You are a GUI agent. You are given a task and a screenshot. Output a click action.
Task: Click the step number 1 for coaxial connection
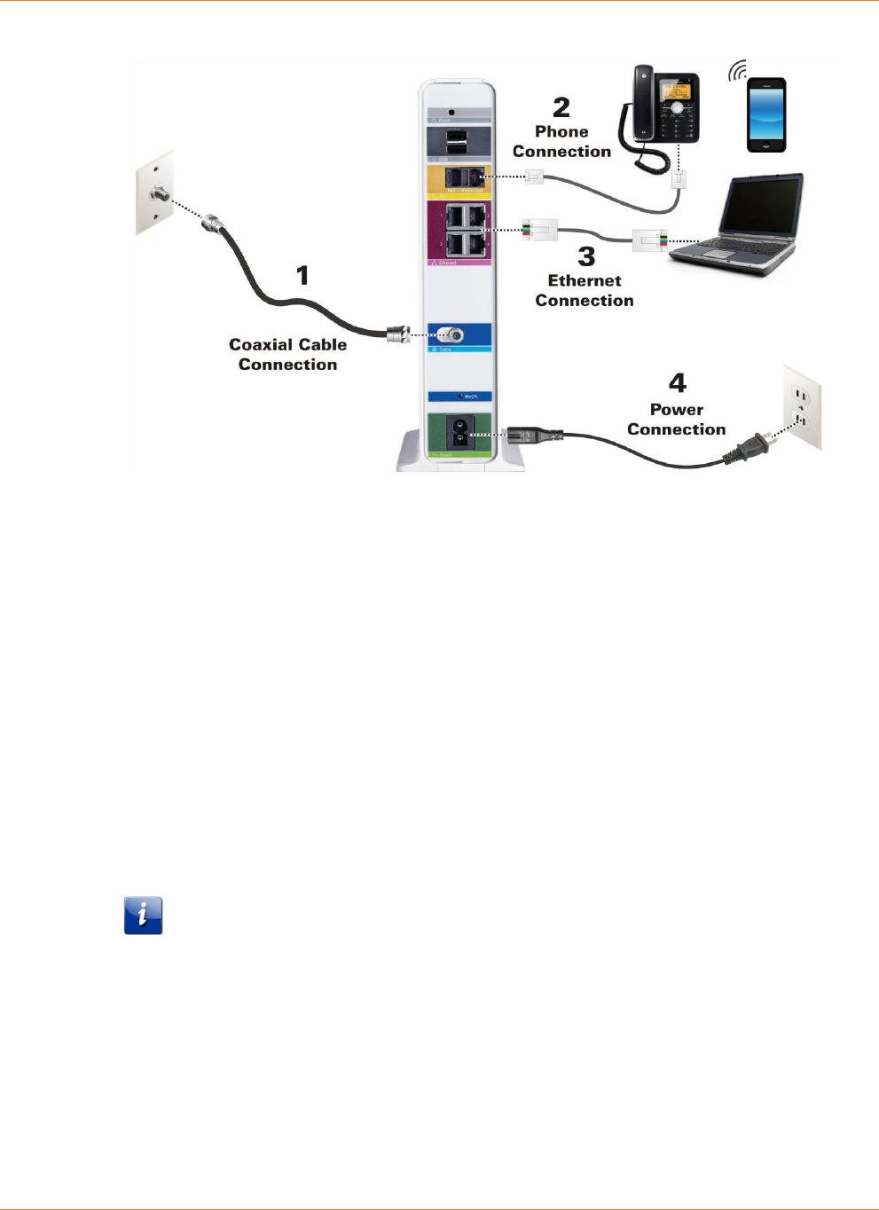point(302,275)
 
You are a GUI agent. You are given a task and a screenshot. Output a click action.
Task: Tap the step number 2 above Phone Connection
point(561,107)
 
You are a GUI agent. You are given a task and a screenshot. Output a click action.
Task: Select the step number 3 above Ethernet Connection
point(586,256)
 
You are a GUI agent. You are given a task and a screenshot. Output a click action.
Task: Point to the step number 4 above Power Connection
point(678,383)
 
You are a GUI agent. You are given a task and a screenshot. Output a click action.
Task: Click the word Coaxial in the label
point(261,345)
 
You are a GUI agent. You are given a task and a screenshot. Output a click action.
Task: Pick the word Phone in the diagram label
point(561,131)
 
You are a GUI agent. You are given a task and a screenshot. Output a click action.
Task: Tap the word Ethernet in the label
point(585,280)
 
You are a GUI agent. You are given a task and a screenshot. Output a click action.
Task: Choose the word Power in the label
point(676,410)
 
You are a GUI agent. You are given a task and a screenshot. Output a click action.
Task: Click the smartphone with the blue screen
point(766,115)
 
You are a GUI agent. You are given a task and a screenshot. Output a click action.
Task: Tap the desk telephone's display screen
point(675,90)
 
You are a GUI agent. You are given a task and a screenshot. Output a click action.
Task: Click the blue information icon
point(143,915)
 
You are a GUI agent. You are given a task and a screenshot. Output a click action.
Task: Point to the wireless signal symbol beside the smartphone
point(737,71)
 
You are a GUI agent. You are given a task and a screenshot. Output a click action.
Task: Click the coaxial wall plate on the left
point(155,192)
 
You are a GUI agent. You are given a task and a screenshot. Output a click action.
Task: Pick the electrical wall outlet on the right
point(803,408)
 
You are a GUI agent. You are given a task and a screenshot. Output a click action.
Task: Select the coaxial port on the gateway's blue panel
point(454,335)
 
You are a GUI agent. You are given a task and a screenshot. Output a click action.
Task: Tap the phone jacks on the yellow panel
point(465,177)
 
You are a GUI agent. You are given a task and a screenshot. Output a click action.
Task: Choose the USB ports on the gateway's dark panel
point(457,142)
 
